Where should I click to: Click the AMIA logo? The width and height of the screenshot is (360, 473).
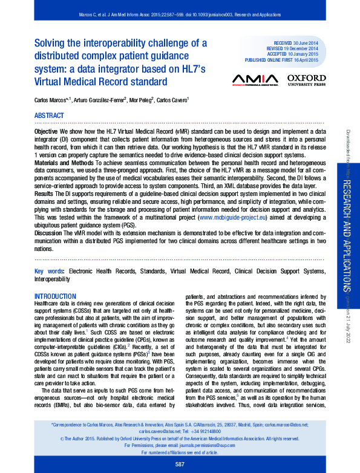coord(255,80)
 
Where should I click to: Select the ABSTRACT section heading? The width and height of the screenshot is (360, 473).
coord(49,116)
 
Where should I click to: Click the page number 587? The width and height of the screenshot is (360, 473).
coord(180,464)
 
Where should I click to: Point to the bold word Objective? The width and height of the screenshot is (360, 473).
coord(46,131)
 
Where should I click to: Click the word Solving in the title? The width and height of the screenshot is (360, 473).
coord(50,43)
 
